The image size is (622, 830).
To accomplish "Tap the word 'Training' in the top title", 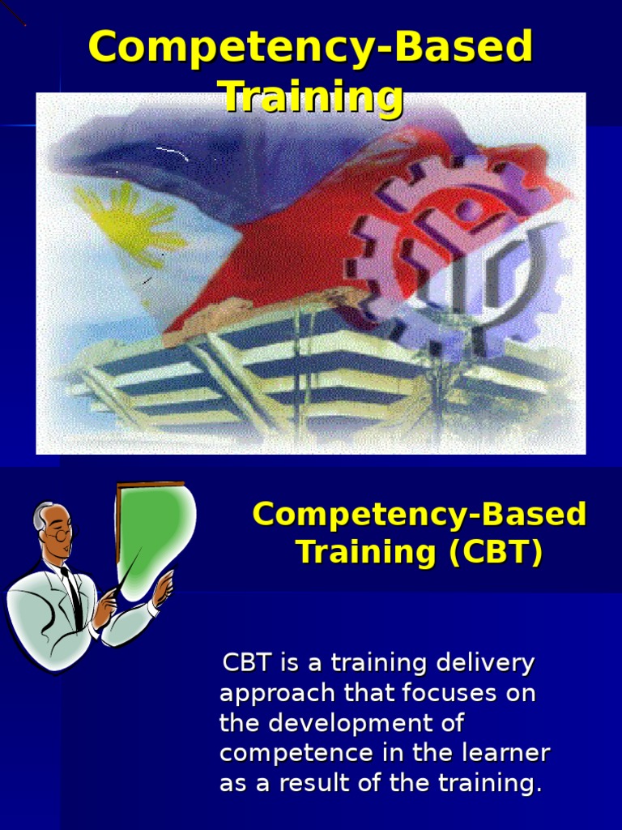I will pyautogui.click(x=313, y=96).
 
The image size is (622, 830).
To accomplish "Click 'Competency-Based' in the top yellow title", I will pyautogui.click(x=311, y=48).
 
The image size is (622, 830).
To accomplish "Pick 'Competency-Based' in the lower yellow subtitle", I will pyautogui.click(x=419, y=515).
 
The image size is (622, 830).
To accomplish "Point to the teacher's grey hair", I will pyautogui.click(x=40, y=514).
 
